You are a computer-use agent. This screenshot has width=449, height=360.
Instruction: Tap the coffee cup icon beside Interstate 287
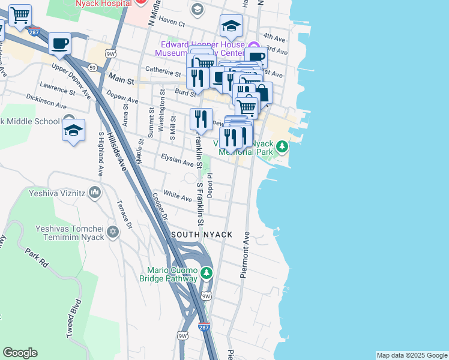tap(59, 44)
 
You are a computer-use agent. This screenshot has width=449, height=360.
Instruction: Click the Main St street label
tap(121, 77)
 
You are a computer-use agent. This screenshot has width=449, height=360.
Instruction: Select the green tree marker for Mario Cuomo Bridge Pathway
tap(206, 274)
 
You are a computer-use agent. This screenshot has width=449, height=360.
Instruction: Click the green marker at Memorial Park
tap(281, 146)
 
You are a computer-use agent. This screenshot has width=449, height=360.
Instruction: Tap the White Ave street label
tap(177, 196)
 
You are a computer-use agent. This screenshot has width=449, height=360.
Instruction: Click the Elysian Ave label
tap(178, 159)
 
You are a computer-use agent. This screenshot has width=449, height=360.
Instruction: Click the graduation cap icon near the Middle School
tap(73, 130)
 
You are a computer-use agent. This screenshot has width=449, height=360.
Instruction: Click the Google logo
tap(20, 353)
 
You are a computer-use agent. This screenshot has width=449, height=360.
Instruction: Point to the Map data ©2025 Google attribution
tap(411, 355)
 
